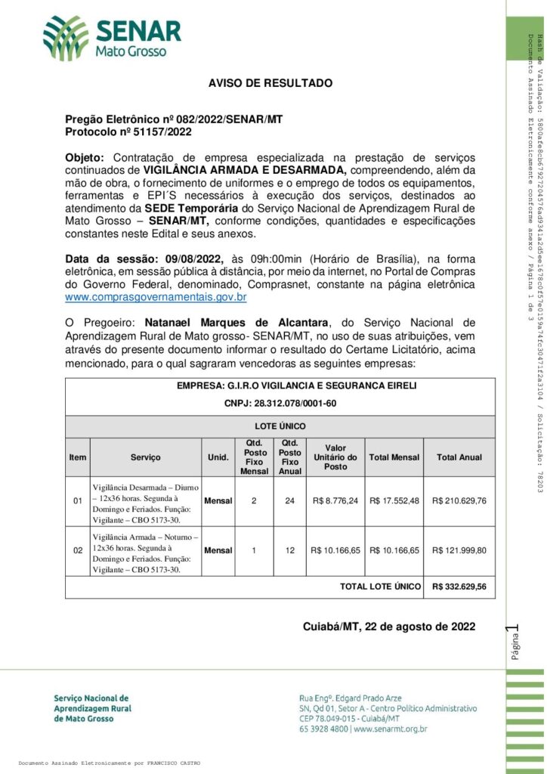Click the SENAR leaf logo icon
click(x=66, y=38)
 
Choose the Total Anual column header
click(x=459, y=457)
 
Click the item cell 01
click(x=78, y=500)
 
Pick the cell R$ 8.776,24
click(x=335, y=500)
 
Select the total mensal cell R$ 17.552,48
click(x=394, y=500)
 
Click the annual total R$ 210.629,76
click(x=459, y=500)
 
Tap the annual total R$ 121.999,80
click(x=459, y=550)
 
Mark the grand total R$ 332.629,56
click(x=459, y=587)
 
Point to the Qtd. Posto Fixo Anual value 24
click(x=289, y=500)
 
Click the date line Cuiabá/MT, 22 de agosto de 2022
click(x=388, y=627)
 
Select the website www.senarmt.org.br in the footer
click(x=390, y=729)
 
